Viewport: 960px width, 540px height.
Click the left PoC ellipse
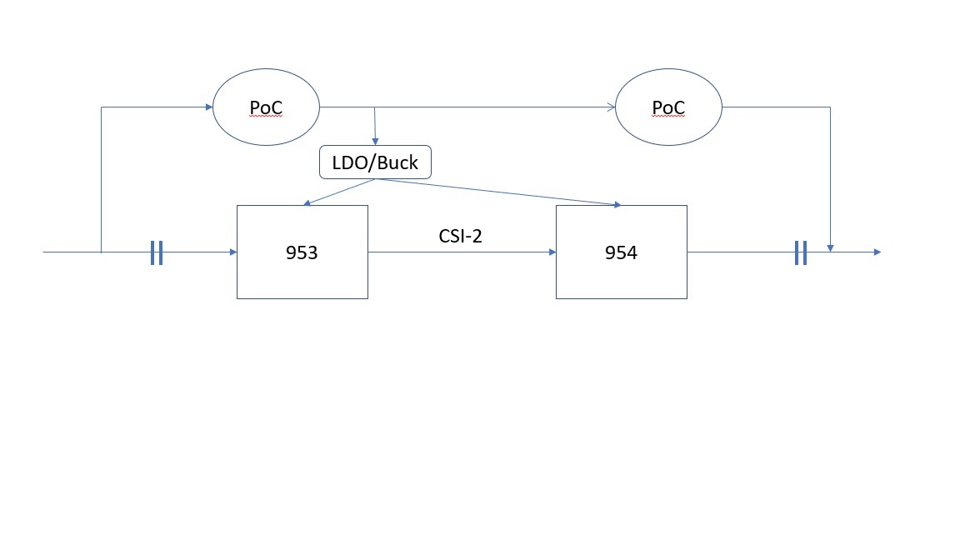[266, 107]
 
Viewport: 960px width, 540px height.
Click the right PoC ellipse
[668, 107]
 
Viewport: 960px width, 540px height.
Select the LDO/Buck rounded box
[375, 162]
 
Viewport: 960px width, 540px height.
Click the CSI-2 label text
[460, 236]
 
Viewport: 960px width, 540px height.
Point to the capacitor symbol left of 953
[156, 252]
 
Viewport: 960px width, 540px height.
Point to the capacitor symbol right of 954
[800, 252]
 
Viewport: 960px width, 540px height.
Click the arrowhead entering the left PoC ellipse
[208, 107]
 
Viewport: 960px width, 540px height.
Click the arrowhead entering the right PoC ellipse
[611, 107]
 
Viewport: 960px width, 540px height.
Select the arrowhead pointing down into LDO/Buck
[375, 142]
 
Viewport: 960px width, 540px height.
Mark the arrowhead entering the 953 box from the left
[232, 252]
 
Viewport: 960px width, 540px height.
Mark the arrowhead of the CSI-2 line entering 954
[551, 252]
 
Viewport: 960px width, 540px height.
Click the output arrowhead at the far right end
[876, 252]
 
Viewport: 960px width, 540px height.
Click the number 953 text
[302, 253]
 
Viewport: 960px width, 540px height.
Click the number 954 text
[621, 253]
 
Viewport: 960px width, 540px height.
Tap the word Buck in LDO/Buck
[397, 163]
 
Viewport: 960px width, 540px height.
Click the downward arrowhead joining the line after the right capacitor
[830, 247]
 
